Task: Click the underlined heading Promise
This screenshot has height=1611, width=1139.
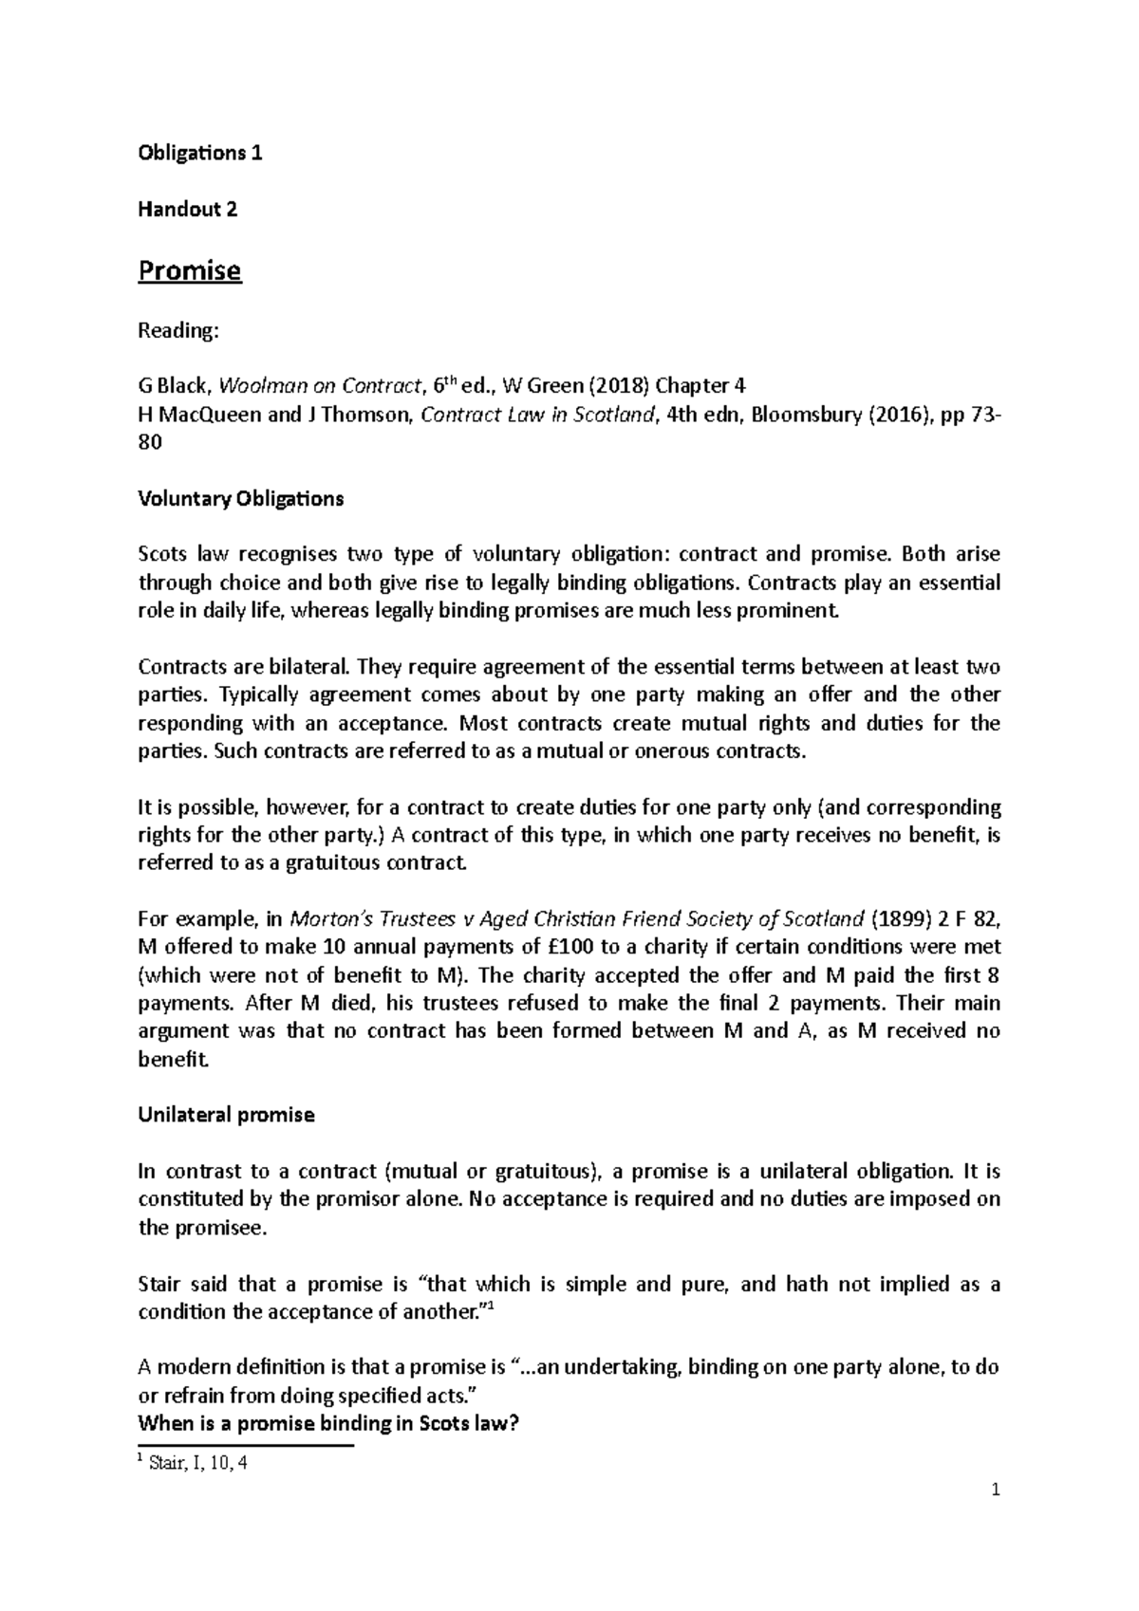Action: pyautogui.click(x=190, y=271)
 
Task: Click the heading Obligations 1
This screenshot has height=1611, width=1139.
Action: pyautogui.click(x=200, y=153)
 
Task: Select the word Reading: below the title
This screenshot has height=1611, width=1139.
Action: pyautogui.click(x=178, y=330)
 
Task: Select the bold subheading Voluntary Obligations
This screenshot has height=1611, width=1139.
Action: pyautogui.click(x=241, y=498)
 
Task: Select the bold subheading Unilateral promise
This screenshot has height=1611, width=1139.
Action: pyautogui.click(x=226, y=1115)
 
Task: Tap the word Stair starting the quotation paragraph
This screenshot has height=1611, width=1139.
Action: pyautogui.click(x=160, y=1284)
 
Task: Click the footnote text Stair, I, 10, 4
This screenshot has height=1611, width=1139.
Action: pyautogui.click(x=198, y=1463)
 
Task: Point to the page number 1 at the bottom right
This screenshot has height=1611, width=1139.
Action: pyautogui.click(x=996, y=1491)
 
